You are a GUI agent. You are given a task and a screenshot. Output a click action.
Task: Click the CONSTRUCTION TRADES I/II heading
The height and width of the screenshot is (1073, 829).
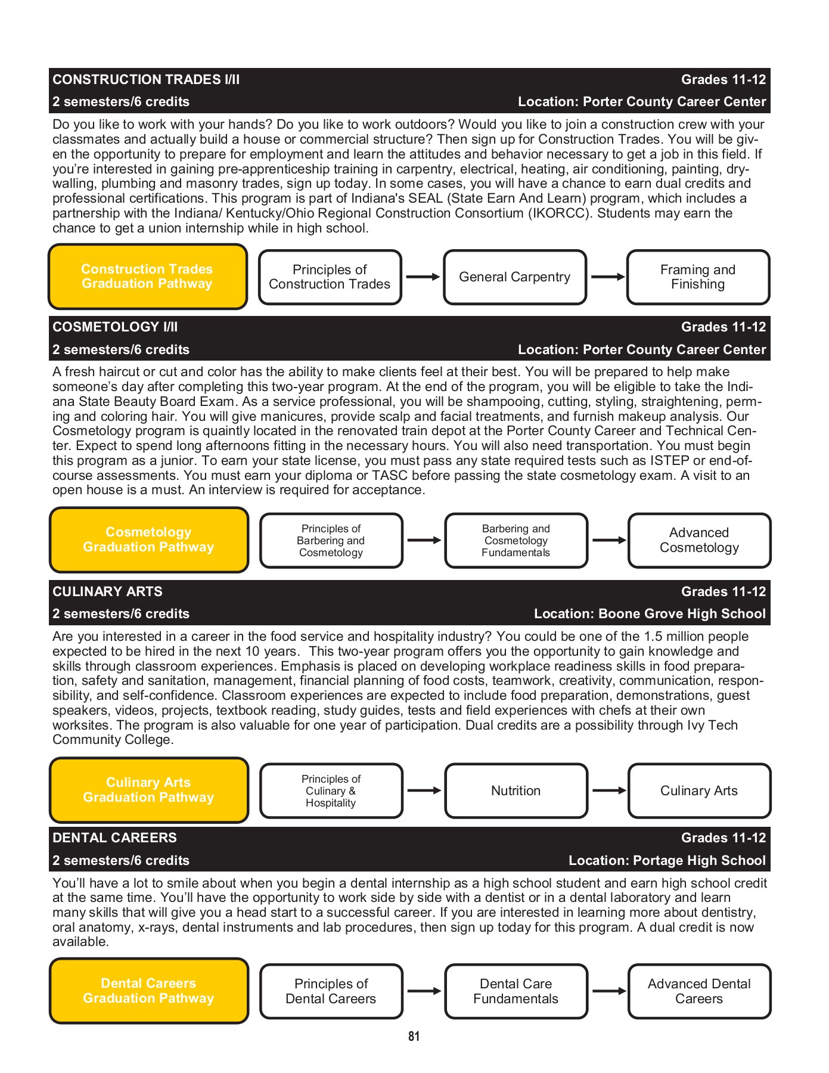click(x=146, y=79)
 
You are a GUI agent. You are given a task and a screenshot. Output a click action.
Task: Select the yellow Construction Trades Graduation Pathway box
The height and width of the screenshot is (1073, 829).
click(x=147, y=277)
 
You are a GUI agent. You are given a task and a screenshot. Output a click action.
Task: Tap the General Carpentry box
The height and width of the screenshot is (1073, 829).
click(x=514, y=277)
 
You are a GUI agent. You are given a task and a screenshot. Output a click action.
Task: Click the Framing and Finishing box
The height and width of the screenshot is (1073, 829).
click(x=697, y=277)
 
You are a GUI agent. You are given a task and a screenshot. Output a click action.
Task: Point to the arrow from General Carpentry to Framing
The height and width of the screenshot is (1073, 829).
click(x=607, y=277)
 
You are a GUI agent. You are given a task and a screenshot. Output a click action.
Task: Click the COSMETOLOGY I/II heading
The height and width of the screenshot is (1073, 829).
click(x=115, y=327)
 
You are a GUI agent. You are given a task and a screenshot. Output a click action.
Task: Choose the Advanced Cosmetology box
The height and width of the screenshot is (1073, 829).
click(x=698, y=540)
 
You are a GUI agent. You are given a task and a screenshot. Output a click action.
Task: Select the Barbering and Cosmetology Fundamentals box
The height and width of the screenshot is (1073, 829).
click(x=516, y=541)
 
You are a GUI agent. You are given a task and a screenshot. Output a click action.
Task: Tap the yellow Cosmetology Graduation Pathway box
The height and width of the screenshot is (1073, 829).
click(x=148, y=539)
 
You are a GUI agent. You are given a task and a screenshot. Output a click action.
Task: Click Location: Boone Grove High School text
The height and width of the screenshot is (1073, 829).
click(x=649, y=613)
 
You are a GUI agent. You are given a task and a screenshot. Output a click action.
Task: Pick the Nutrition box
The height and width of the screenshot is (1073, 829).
click(x=516, y=790)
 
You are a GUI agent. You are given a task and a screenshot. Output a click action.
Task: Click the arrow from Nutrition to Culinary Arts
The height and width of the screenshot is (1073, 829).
click(x=608, y=790)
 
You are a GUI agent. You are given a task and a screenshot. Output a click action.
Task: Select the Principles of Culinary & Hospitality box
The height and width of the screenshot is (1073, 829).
click(x=331, y=791)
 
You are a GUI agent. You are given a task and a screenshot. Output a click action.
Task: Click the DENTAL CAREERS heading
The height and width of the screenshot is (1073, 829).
click(x=114, y=838)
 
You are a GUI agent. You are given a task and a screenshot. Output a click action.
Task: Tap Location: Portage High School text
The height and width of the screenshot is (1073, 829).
click(x=666, y=860)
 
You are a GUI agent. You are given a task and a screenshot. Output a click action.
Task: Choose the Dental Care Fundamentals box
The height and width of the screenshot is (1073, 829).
click(x=516, y=991)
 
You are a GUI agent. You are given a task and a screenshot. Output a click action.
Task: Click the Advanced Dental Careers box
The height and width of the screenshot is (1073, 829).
click(x=698, y=991)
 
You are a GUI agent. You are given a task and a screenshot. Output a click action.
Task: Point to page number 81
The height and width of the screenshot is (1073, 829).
click(x=414, y=1037)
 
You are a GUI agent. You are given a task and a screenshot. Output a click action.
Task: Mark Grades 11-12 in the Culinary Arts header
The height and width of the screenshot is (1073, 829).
click(x=723, y=591)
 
